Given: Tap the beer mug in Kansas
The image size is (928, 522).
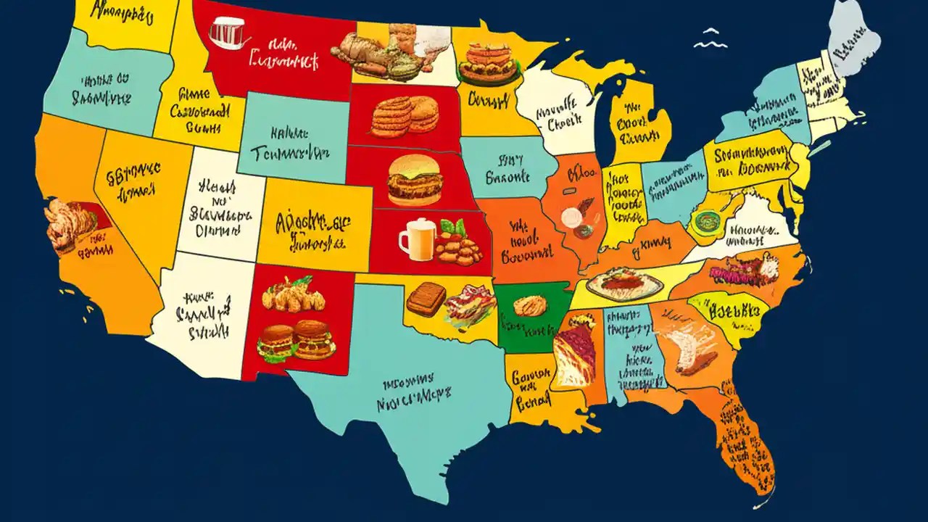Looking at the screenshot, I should click(417, 239).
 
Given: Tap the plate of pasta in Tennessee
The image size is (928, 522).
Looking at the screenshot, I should click(625, 282).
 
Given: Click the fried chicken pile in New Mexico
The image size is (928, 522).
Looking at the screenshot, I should click(294, 295).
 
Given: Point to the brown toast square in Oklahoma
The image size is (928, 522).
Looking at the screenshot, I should click(426, 298).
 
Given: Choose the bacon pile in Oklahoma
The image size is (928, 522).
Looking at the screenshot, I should click(471, 304).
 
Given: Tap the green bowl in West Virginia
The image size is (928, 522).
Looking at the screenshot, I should click(703, 220).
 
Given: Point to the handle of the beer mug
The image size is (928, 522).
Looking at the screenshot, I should click(403, 239).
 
